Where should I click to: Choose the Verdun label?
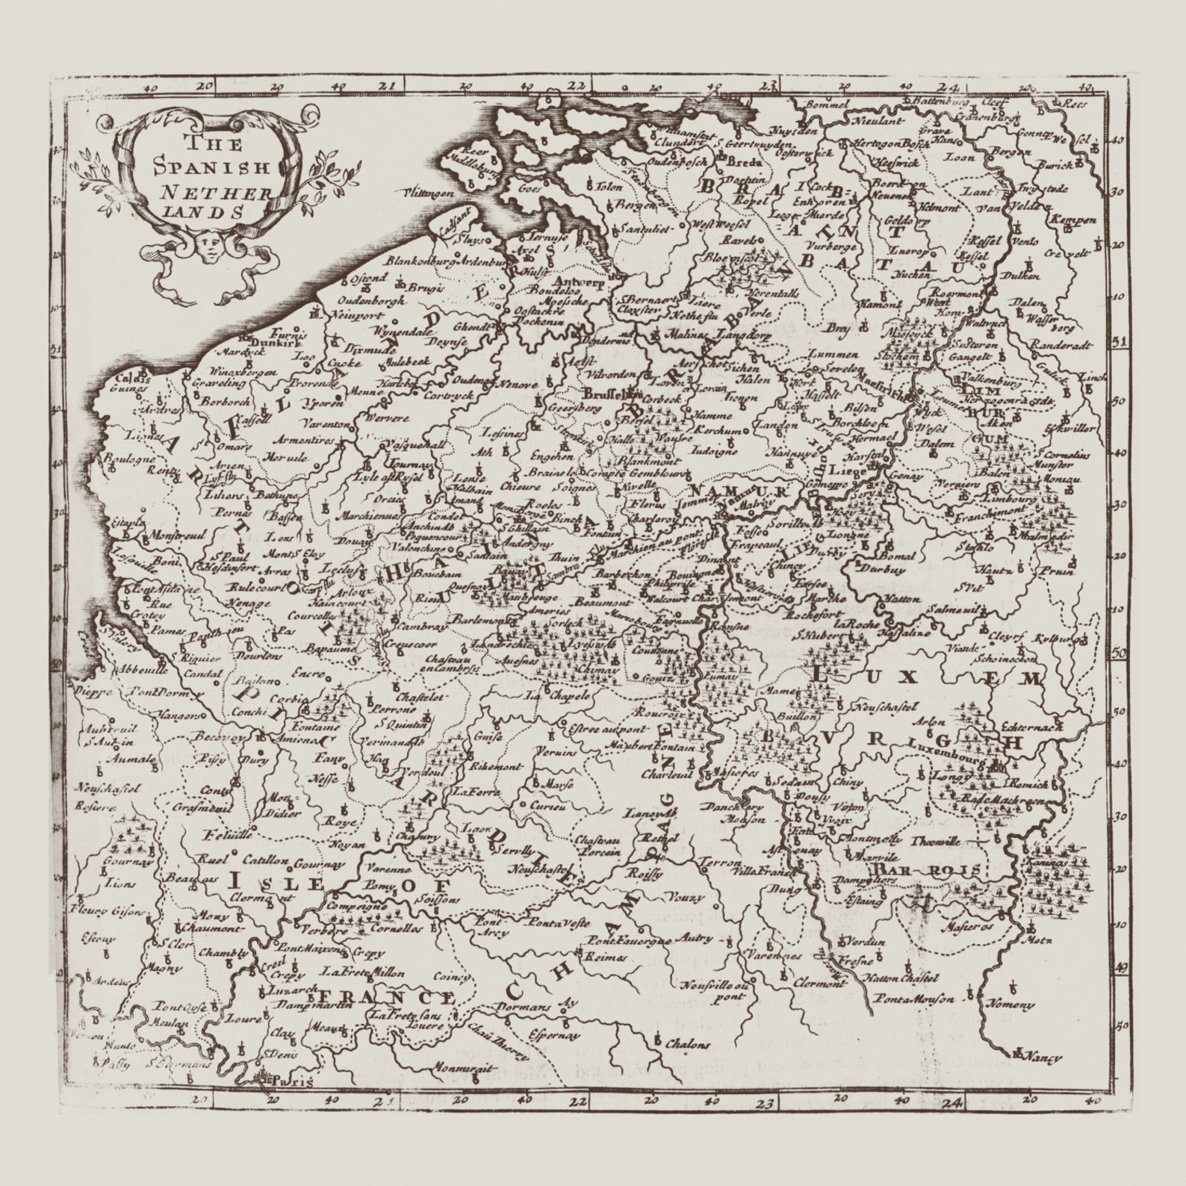tap(869, 942)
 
